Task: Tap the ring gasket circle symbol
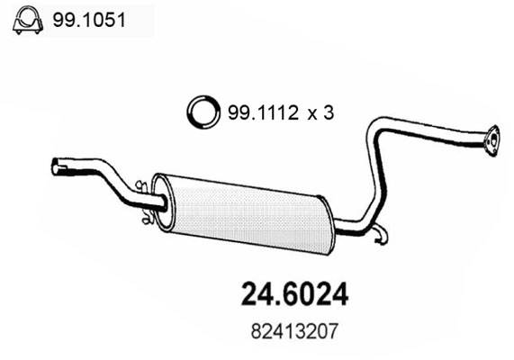point(203,112)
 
